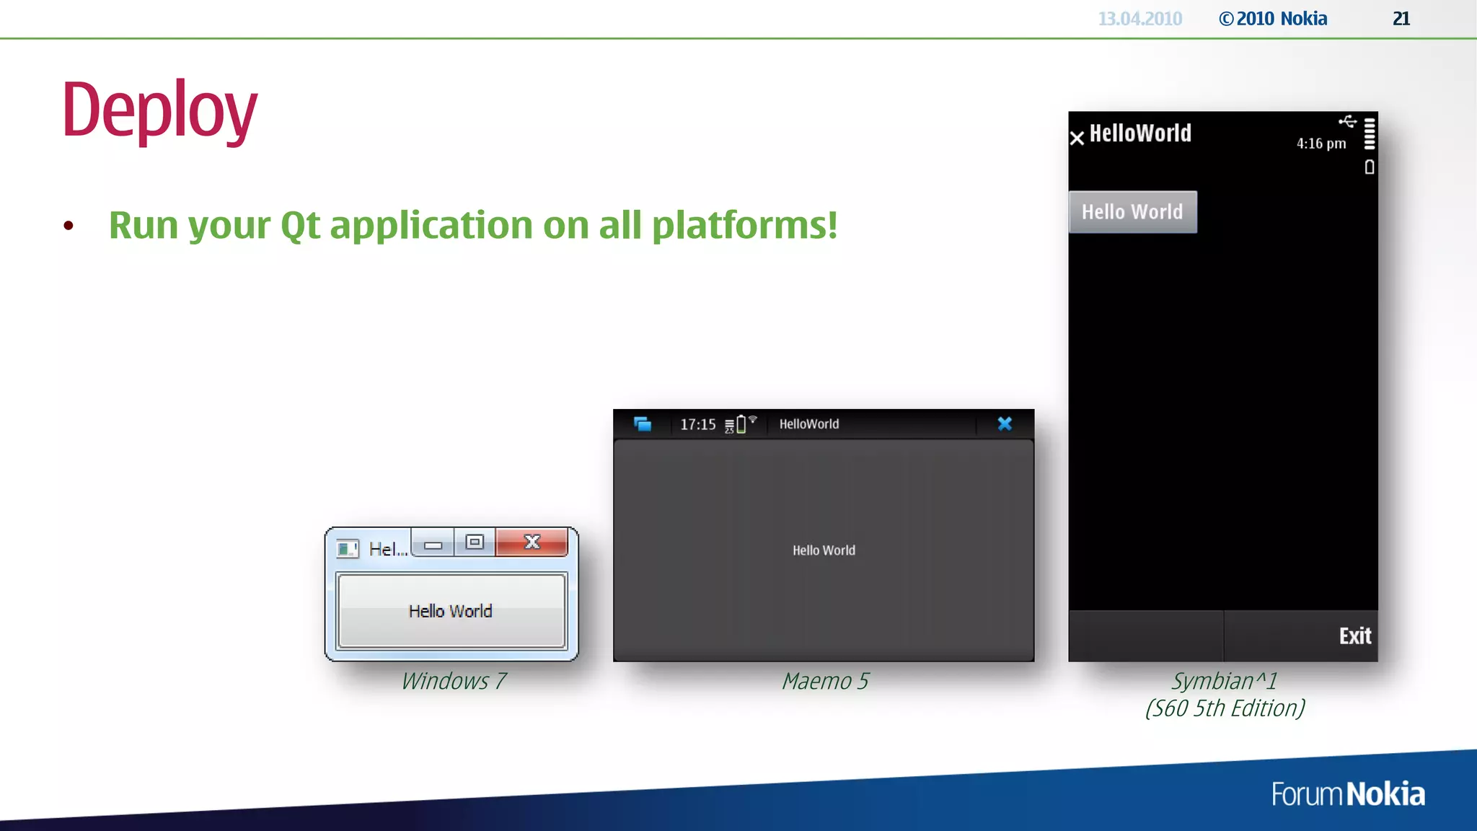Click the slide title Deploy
click(x=159, y=110)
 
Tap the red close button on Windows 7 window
click(x=532, y=542)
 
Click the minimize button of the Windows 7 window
click(x=433, y=545)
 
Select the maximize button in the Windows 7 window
click(x=475, y=542)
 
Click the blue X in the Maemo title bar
click(x=1005, y=423)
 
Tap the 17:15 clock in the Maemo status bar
click(x=697, y=424)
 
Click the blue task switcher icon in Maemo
click(x=642, y=423)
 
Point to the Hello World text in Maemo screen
click(x=824, y=550)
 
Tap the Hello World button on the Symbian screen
click(x=1132, y=212)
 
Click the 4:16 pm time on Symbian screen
click(x=1321, y=144)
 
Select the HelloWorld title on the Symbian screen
click(x=1139, y=133)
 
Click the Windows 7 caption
click(x=454, y=681)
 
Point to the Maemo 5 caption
click(x=825, y=681)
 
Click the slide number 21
click(x=1401, y=19)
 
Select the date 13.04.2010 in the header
click(x=1139, y=19)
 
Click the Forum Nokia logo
click(x=1347, y=794)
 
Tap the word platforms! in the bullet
click(x=744, y=225)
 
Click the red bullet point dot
click(x=69, y=226)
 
